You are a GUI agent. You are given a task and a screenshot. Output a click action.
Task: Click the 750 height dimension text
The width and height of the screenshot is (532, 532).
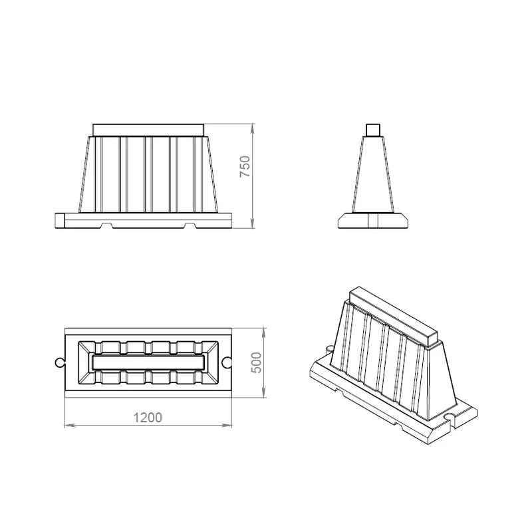(x=245, y=166)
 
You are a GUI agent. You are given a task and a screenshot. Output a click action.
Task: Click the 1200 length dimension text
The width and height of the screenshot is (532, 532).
(x=147, y=418)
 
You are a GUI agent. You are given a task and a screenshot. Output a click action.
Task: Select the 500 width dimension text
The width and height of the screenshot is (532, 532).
(x=257, y=362)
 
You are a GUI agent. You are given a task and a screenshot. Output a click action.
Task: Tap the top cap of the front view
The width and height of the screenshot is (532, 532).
(x=148, y=130)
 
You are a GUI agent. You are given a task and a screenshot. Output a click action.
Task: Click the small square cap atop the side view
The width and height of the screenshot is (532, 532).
(x=373, y=130)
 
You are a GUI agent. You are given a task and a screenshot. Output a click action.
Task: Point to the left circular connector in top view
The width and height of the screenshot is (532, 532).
(x=59, y=362)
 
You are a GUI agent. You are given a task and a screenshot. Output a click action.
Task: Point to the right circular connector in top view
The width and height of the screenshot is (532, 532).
(x=227, y=362)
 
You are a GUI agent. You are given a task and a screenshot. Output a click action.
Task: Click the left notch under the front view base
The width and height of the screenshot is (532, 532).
(x=107, y=225)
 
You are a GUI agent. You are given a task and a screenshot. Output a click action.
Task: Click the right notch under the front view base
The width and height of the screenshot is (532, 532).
(x=190, y=225)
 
